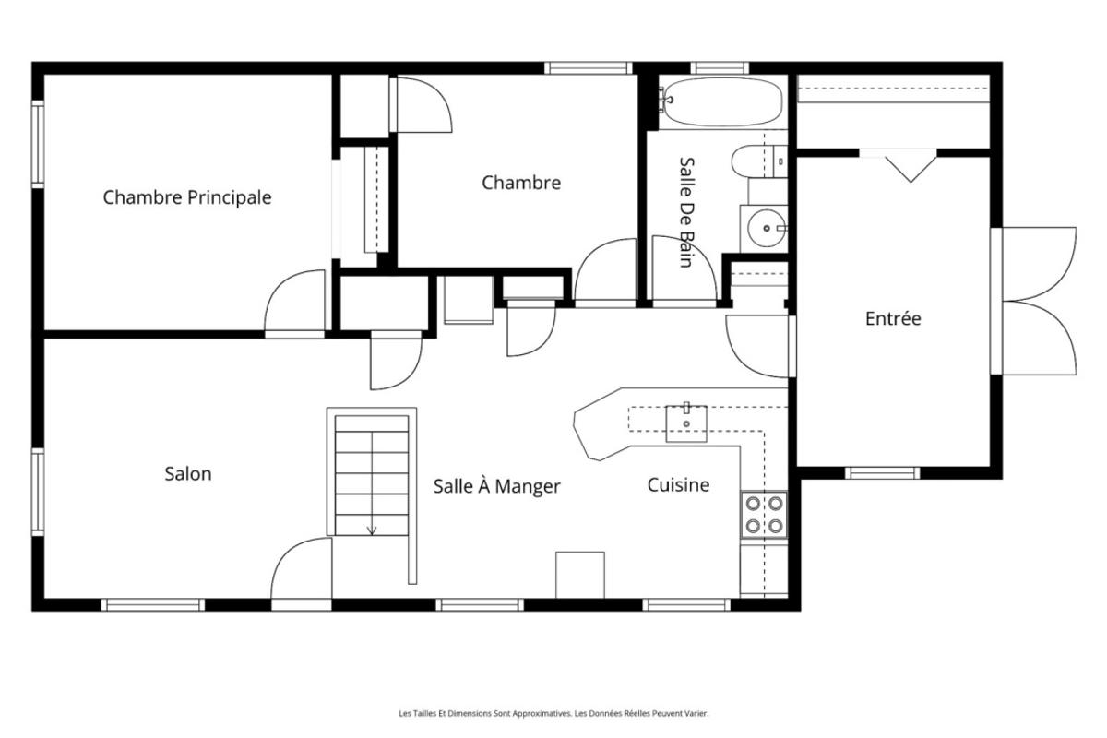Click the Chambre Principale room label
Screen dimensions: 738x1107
[x=187, y=197]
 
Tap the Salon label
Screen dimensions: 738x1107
[x=188, y=474]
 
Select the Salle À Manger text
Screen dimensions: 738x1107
[x=496, y=486]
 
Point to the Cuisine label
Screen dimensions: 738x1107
[x=678, y=484]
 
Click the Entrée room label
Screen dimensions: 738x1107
[x=892, y=319]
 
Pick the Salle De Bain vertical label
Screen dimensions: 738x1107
[x=685, y=211]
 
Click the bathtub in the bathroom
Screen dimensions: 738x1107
[x=722, y=101]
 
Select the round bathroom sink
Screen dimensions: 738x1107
[x=765, y=225]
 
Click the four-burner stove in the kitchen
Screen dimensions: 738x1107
[x=764, y=515]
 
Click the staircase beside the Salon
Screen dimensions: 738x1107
[x=371, y=475]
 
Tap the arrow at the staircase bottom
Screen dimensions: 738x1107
[x=372, y=530]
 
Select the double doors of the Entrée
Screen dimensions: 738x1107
[x=1038, y=301]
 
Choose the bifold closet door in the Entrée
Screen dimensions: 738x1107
[x=911, y=166]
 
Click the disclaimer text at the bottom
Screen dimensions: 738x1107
[x=553, y=713]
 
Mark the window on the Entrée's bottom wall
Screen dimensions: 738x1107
[x=883, y=473]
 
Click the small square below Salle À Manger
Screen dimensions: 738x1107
[x=580, y=576]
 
